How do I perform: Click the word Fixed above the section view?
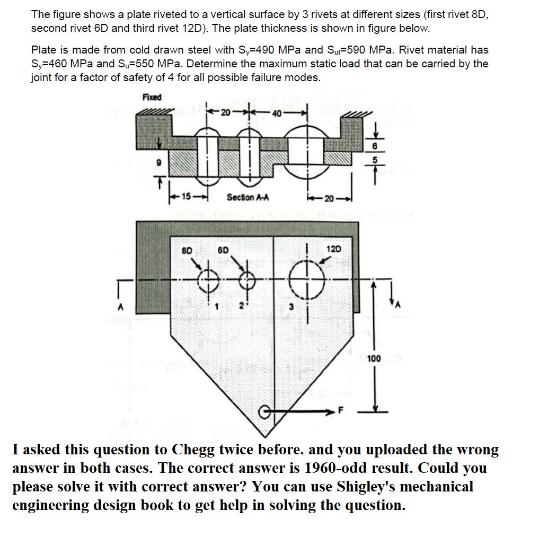point(152,97)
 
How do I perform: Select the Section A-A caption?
point(248,197)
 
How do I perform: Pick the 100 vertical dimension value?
point(374,359)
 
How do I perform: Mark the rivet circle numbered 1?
point(208,279)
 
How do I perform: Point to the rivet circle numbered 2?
point(246,280)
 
